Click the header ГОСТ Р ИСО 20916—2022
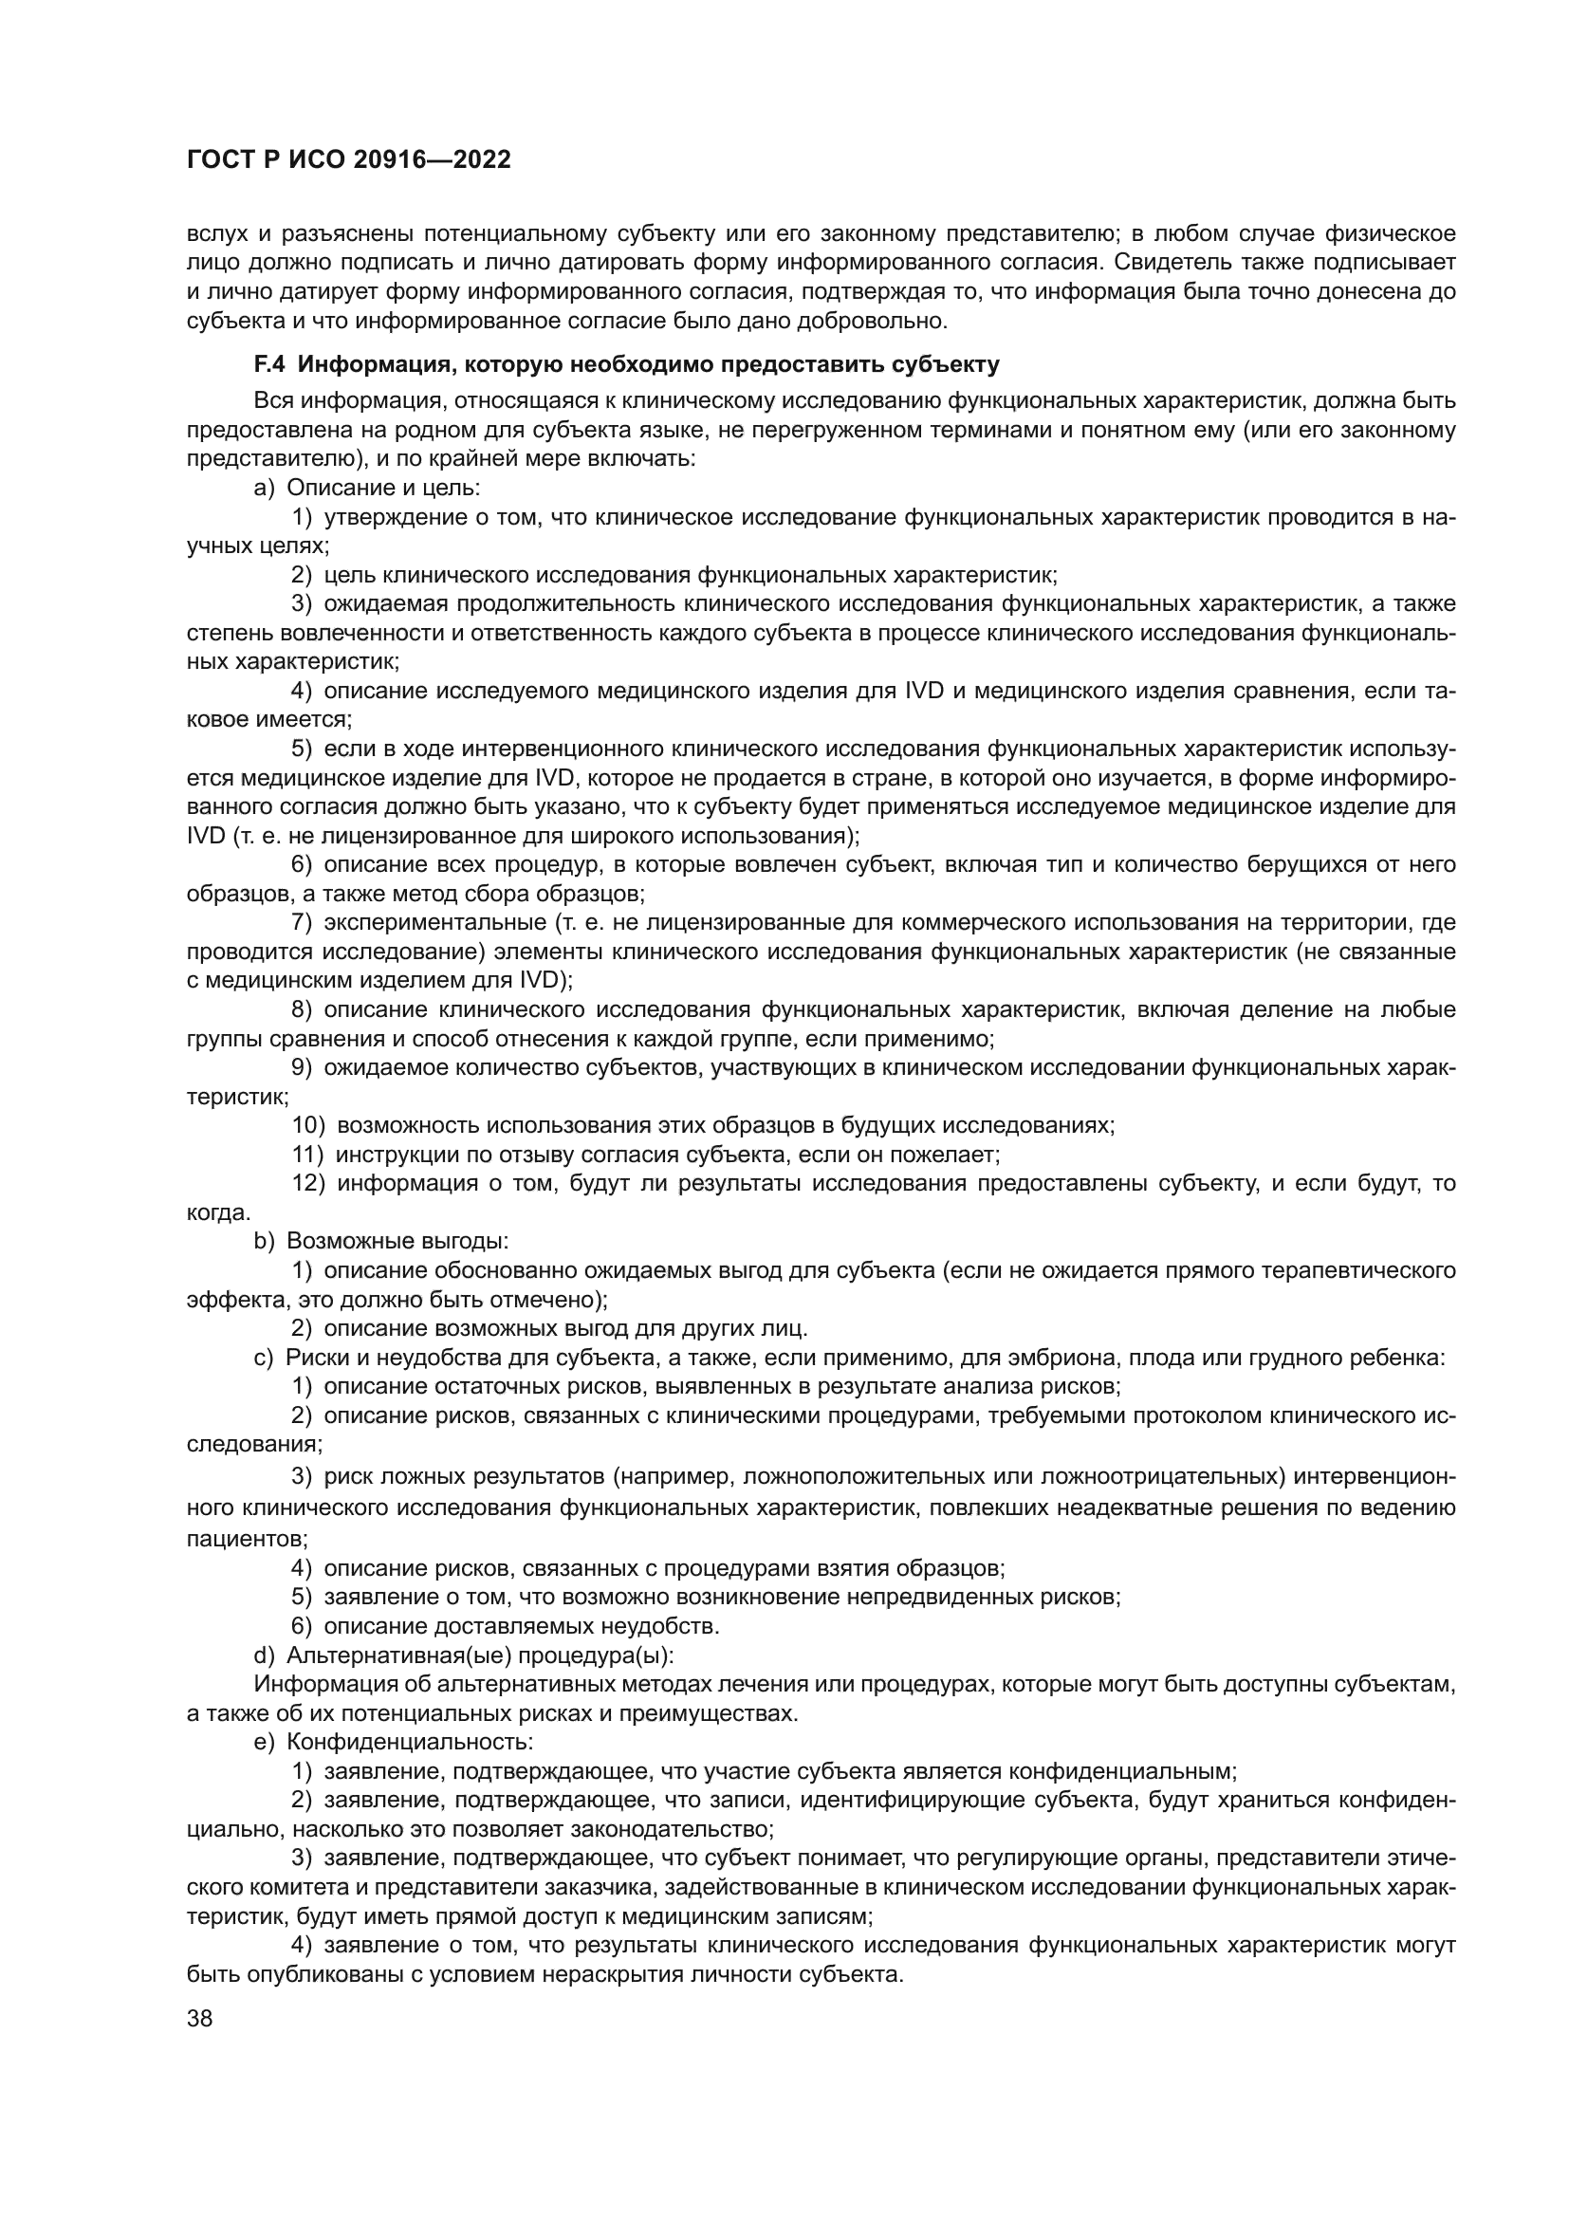[x=349, y=160]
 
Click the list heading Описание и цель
[x=383, y=488]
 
